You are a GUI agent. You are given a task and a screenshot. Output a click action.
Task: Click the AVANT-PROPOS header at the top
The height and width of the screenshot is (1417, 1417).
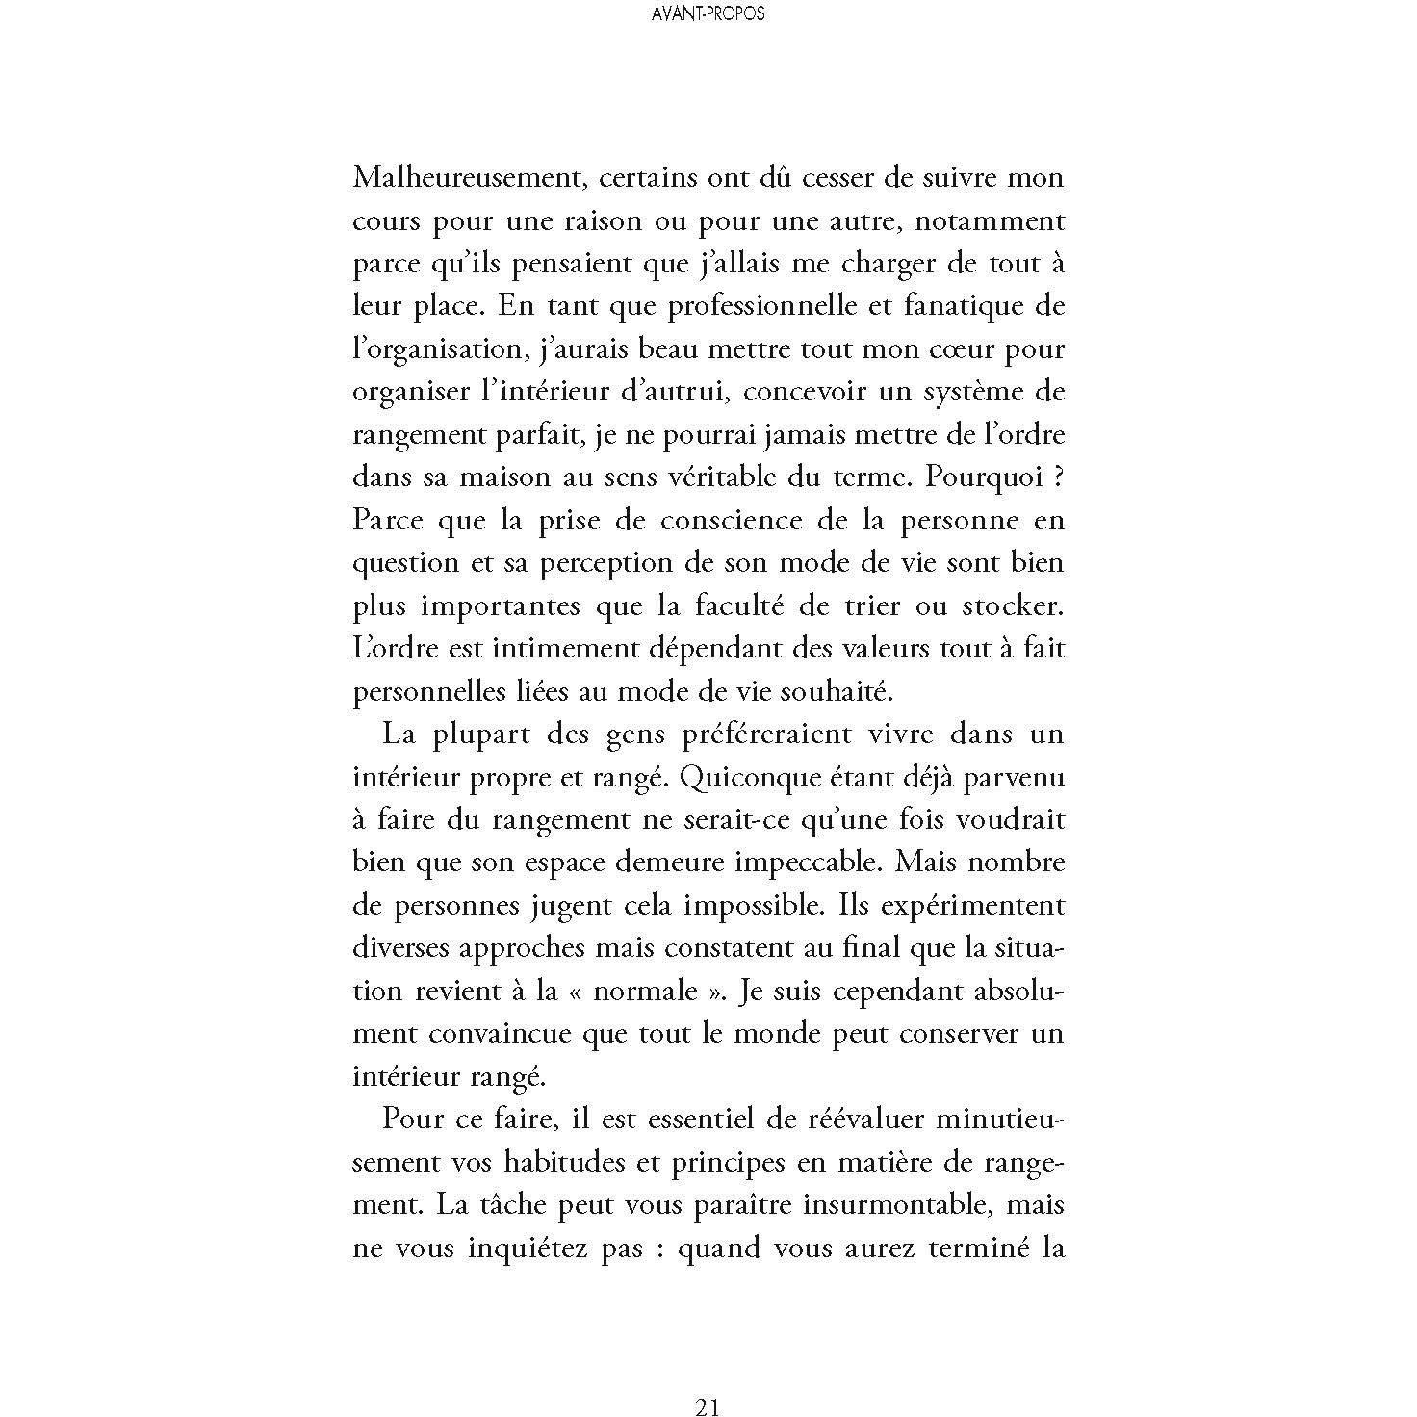(x=708, y=14)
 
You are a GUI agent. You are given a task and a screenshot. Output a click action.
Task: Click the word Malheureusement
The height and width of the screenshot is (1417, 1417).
(x=457, y=179)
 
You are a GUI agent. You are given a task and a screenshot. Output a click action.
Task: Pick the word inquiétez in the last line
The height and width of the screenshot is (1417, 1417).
(x=523, y=1249)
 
